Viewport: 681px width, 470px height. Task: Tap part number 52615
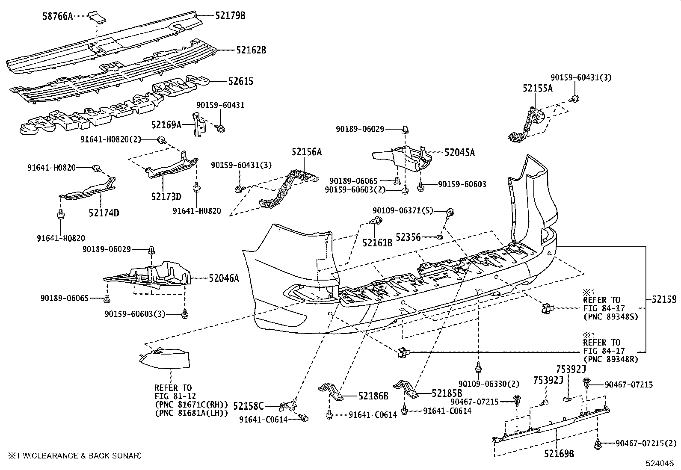tap(240, 81)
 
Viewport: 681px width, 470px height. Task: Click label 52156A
tap(307, 151)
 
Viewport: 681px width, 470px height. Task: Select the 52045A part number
tap(459, 152)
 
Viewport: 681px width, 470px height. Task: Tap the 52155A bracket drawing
tap(526, 124)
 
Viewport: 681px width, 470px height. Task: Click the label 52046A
tap(224, 278)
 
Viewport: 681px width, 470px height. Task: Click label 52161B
tap(377, 242)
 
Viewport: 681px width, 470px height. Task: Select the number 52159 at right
tap(664, 299)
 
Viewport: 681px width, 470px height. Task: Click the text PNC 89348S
tap(610, 317)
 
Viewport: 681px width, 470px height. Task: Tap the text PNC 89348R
tap(610, 360)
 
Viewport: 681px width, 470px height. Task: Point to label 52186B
tap(373, 396)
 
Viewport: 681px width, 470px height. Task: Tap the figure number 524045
tap(662, 463)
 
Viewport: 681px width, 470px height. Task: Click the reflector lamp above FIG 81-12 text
tap(166, 360)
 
